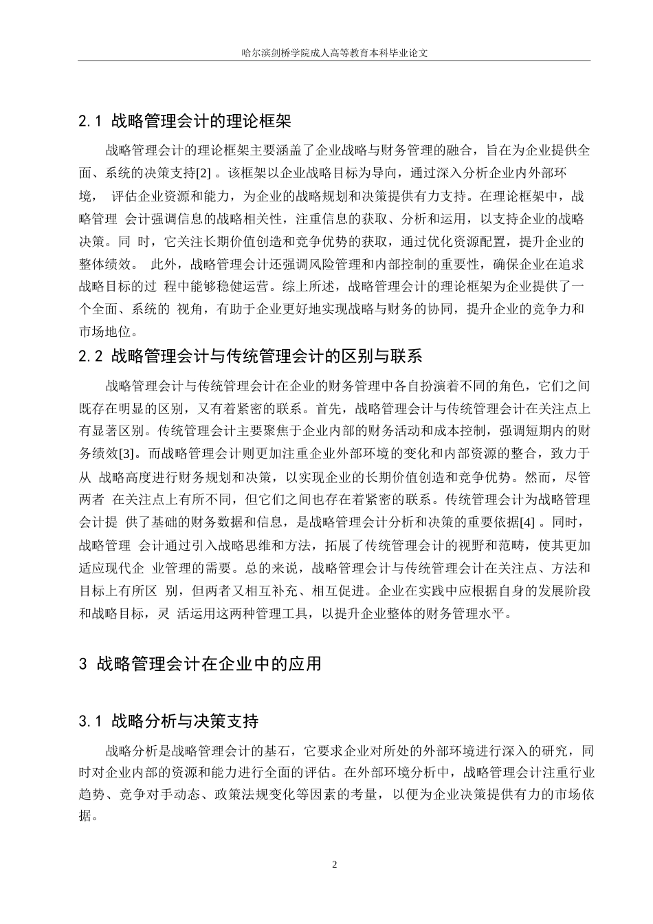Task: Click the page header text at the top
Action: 335,52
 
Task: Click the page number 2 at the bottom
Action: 335,864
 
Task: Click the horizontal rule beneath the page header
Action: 335,60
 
